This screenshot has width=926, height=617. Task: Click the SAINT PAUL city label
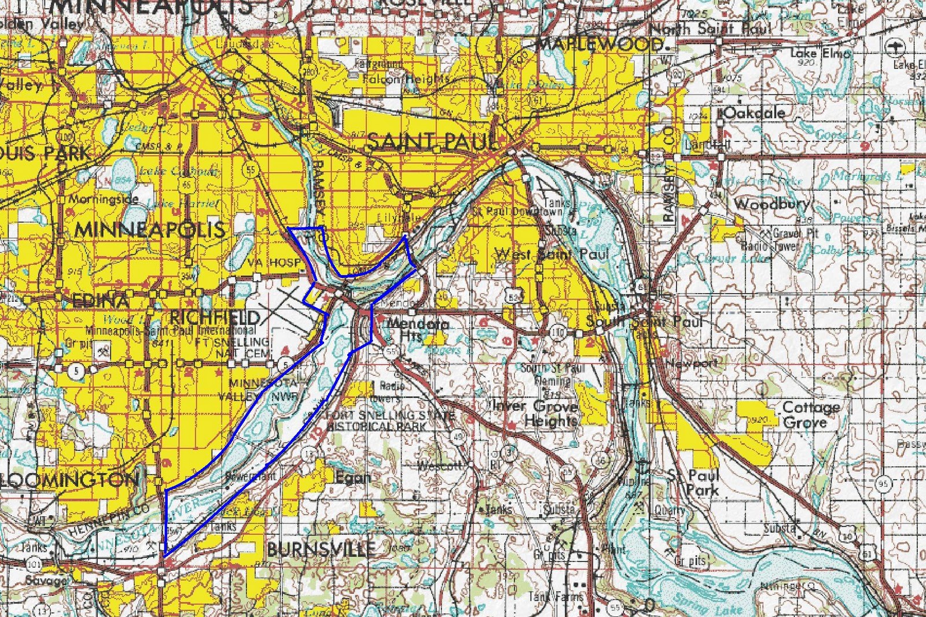[431, 141]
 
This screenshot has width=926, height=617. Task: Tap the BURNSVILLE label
[320, 549]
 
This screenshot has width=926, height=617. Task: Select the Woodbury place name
[771, 204]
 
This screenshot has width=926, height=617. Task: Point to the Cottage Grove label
[810, 415]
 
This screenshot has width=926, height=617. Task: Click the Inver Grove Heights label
[535, 413]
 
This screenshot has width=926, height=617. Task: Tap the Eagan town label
[353, 478]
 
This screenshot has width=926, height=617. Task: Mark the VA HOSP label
[274, 263]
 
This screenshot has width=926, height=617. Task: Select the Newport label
[692, 364]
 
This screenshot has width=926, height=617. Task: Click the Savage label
[46, 579]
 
